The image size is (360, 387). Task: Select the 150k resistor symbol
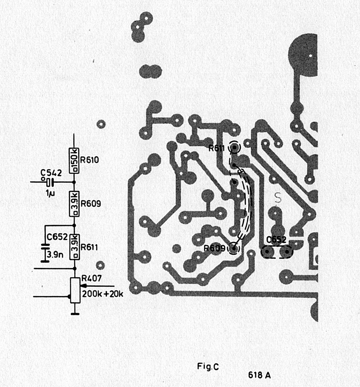coord(74,160)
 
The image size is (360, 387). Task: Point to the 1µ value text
coord(50,193)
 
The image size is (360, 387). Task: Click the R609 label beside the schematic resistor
coord(91,204)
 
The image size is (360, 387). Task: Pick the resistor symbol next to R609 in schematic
coord(74,204)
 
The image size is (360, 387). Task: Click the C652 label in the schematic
coord(57,237)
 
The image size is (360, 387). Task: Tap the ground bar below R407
coord(75,314)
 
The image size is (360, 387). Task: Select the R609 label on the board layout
coord(214,248)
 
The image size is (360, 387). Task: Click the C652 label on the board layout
coord(276,240)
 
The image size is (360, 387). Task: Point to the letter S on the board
coord(278,197)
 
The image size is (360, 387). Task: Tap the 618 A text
coord(259,375)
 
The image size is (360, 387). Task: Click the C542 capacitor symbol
coord(50,182)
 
